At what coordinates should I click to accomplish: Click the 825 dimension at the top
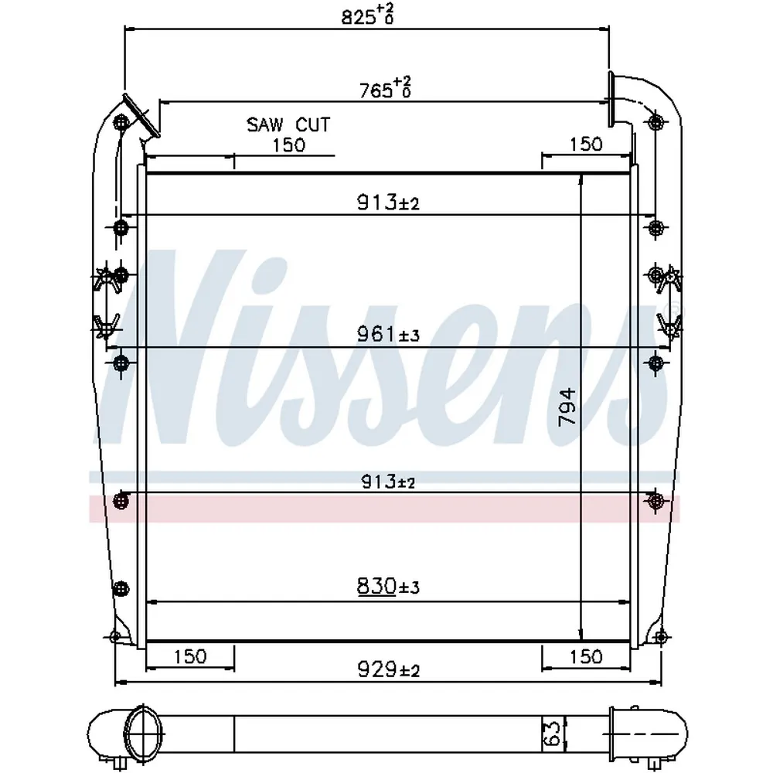(367, 14)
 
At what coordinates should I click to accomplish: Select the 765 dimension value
(385, 88)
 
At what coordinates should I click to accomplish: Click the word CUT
(312, 124)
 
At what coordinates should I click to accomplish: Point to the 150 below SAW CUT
(289, 145)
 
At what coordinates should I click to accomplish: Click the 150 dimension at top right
(586, 145)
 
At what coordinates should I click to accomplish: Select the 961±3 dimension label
(388, 334)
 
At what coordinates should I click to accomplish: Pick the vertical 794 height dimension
(567, 407)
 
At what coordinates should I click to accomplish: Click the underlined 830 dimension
(376, 586)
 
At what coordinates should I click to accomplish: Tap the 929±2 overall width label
(388, 669)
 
